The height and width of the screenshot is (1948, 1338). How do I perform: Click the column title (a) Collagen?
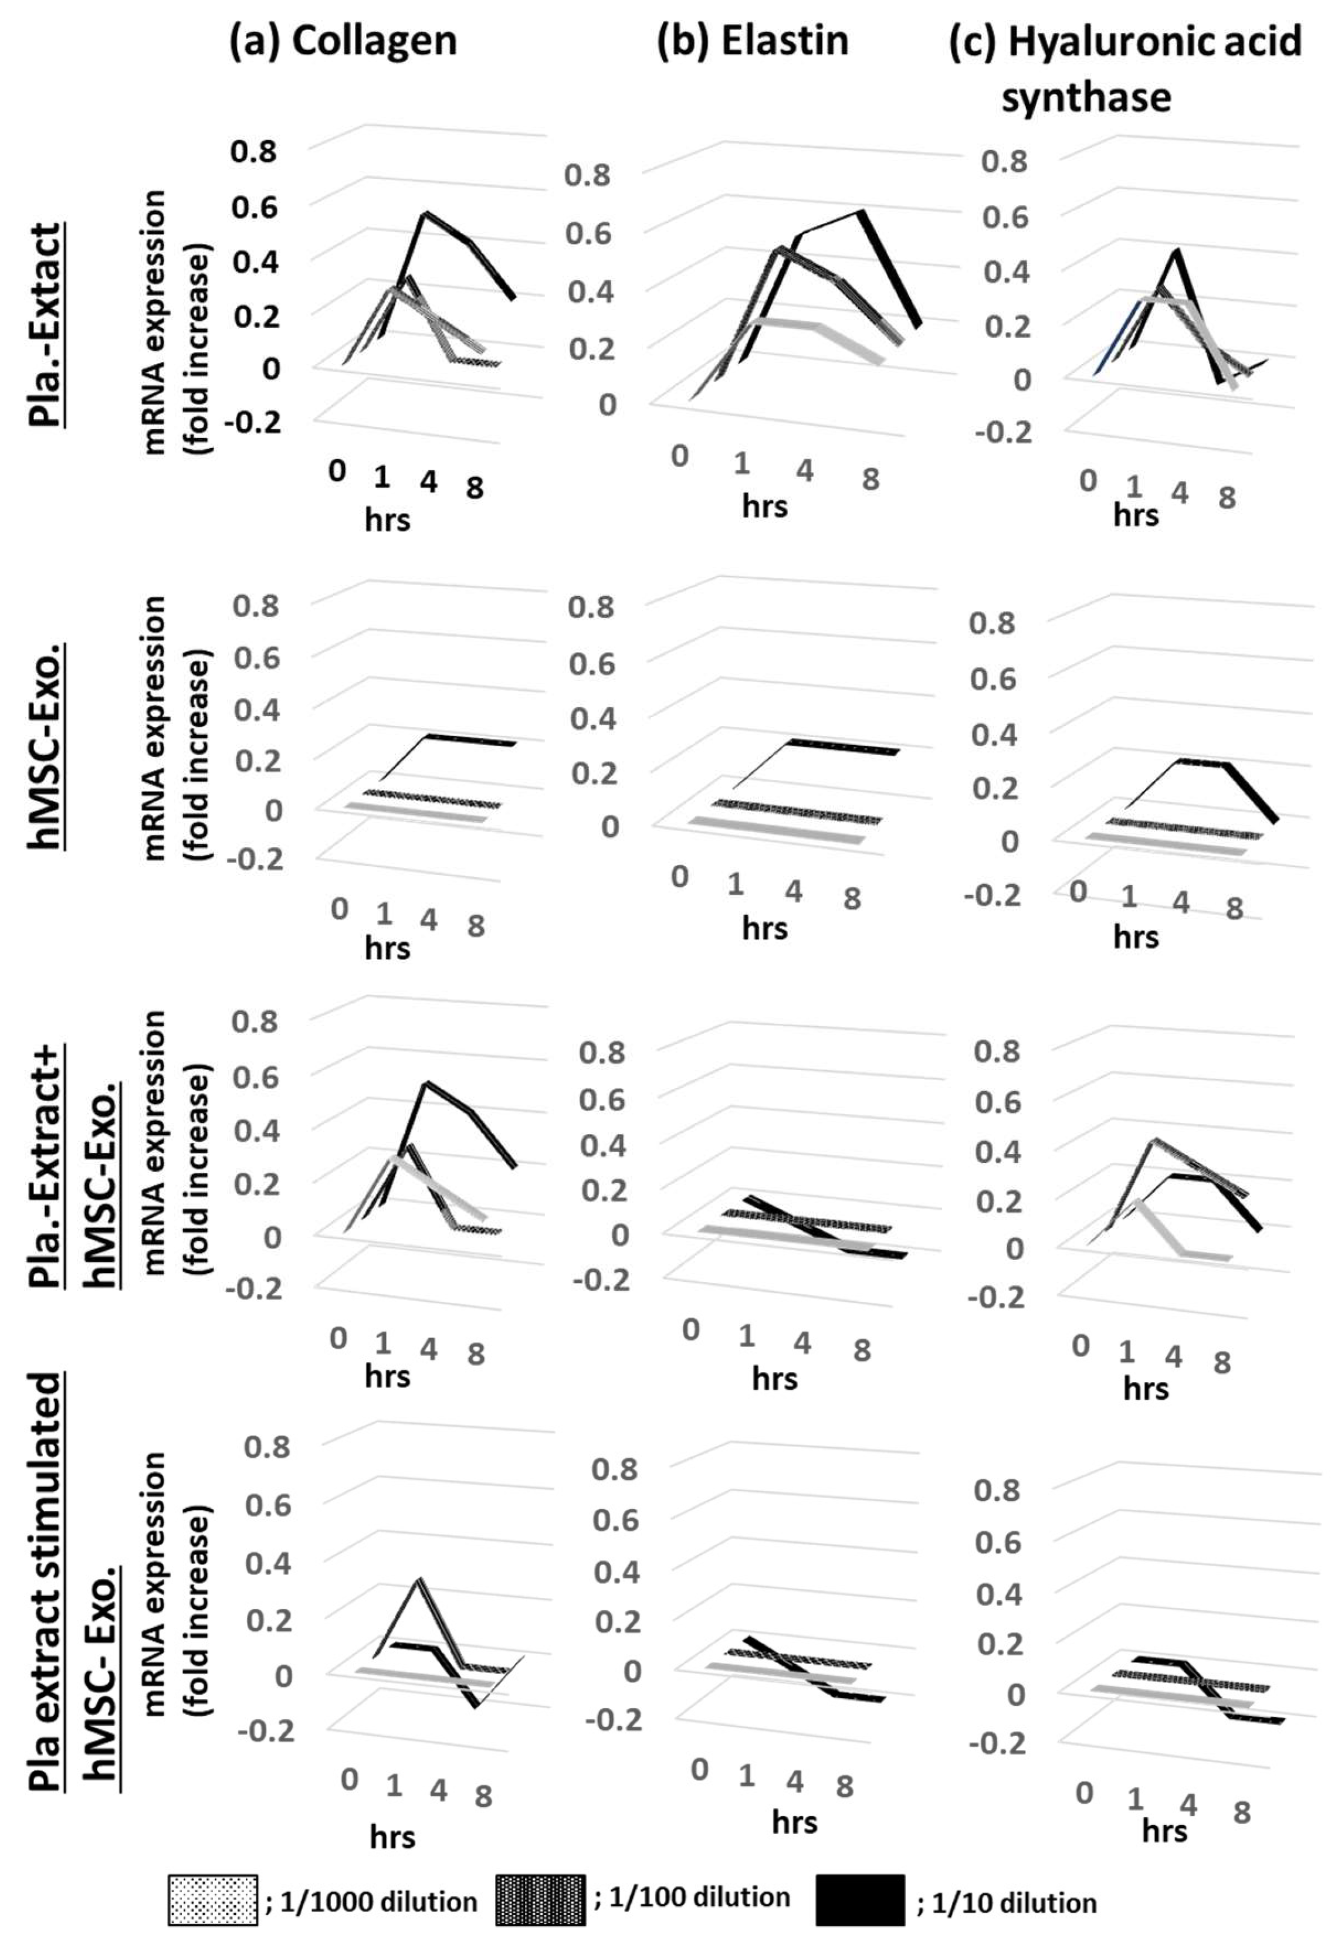(x=343, y=41)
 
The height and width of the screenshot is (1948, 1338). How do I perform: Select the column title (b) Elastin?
(x=752, y=41)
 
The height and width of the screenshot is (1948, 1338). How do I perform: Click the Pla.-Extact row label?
(x=46, y=324)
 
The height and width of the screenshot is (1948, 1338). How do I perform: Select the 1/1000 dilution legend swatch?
(x=212, y=1899)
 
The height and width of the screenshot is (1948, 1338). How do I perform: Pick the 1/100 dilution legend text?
(x=693, y=1896)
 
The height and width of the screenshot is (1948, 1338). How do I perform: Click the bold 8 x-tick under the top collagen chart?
(x=475, y=488)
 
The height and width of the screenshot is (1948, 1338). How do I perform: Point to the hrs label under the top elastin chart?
(x=764, y=506)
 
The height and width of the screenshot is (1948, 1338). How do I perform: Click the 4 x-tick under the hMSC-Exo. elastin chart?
(x=793, y=891)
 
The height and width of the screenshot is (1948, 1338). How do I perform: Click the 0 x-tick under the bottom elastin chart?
(x=699, y=1770)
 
